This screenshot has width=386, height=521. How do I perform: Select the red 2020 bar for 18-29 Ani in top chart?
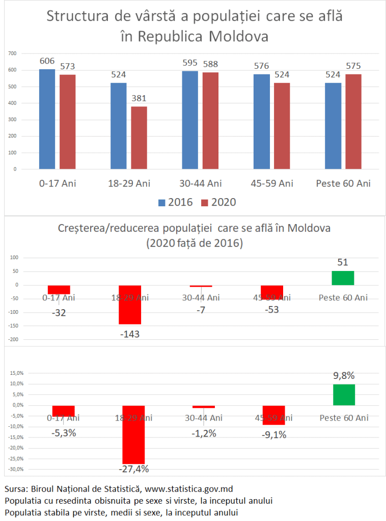pyautogui.click(x=139, y=138)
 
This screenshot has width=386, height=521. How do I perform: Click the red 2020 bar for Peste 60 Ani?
pyautogui.click(x=353, y=121)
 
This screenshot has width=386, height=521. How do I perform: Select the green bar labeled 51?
pyautogui.click(x=343, y=278)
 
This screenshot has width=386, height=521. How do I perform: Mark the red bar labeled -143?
pyautogui.click(x=130, y=305)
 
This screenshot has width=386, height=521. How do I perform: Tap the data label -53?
pyautogui.click(x=272, y=310)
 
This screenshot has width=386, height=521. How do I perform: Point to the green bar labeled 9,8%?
pyautogui.click(x=344, y=395)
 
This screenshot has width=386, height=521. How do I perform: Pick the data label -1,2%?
pyautogui.click(x=204, y=434)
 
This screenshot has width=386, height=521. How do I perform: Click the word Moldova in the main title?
pyautogui.click(x=238, y=37)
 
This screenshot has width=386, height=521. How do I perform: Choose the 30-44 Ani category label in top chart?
pyautogui.click(x=201, y=183)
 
